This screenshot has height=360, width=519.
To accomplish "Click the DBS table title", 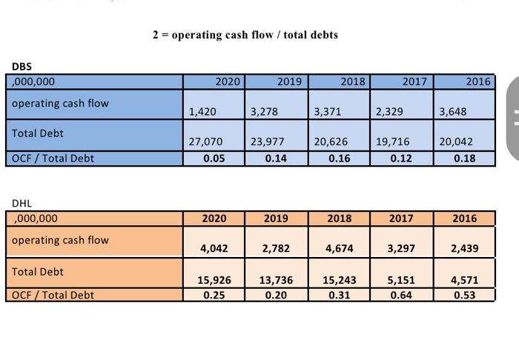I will [x=22, y=67].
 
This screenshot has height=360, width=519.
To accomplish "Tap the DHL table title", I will [x=22, y=203].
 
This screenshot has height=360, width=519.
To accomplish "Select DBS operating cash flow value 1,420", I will [x=202, y=112].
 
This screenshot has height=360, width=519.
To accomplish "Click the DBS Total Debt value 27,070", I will [x=205, y=141].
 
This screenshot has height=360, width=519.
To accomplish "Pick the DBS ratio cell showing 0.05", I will [x=214, y=158].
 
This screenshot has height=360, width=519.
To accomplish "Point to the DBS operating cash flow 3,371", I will [x=327, y=112].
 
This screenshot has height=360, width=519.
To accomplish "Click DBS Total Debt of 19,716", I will [x=391, y=141].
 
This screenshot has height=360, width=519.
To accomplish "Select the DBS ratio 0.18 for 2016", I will [x=464, y=158].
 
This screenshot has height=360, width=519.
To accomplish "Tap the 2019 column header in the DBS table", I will [x=289, y=81].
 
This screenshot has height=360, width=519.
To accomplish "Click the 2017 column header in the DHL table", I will [x=401, y=219].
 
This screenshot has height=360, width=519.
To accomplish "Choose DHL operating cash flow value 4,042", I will [x=214, y=249].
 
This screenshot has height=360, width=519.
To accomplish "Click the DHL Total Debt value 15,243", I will [x=339, y=280].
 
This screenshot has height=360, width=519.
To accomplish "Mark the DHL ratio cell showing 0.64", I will [x=401, y=295].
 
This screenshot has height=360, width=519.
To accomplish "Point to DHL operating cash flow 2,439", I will [x=464, y=249].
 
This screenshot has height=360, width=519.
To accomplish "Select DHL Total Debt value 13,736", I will [x=277, y=280].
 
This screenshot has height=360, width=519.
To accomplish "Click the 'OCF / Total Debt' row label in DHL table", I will [x=53, y=295].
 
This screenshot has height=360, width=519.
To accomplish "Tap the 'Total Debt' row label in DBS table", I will [x=38, y=133].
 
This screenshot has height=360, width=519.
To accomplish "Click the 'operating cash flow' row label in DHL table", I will [x=60, y=240].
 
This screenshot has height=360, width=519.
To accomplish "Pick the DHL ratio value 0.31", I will [x=339, y=295].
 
